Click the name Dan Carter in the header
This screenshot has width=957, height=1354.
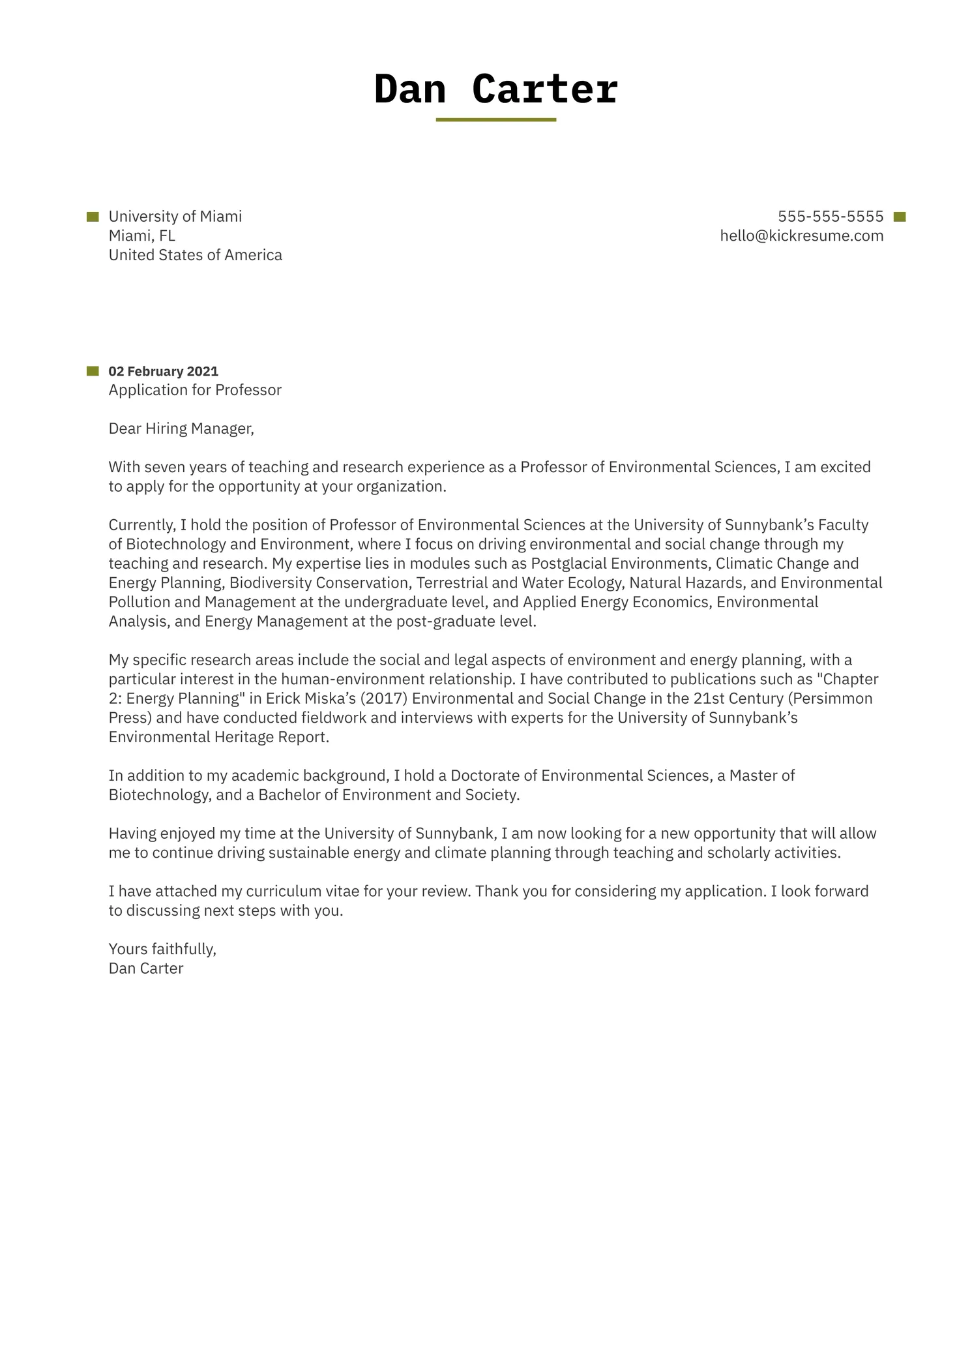(495, 89)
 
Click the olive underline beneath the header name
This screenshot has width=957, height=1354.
(495, 120)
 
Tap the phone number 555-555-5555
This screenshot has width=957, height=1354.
(830, 217)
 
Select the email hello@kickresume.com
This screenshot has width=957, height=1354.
(801, 236)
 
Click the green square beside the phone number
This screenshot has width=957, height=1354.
(900, 217)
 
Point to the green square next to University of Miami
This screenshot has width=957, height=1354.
(93, 217)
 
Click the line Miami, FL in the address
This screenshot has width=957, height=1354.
(141, 236)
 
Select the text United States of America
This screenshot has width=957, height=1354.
(195, 255)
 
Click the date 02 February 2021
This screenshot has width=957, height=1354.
(163, 371)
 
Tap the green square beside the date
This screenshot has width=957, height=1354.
(93, 371)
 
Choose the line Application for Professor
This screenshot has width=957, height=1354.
(195, 390)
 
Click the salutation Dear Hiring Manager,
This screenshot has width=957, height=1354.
(181, 429)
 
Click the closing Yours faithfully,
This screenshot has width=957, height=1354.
(162, 949)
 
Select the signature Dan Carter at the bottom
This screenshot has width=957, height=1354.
(145, 969)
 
